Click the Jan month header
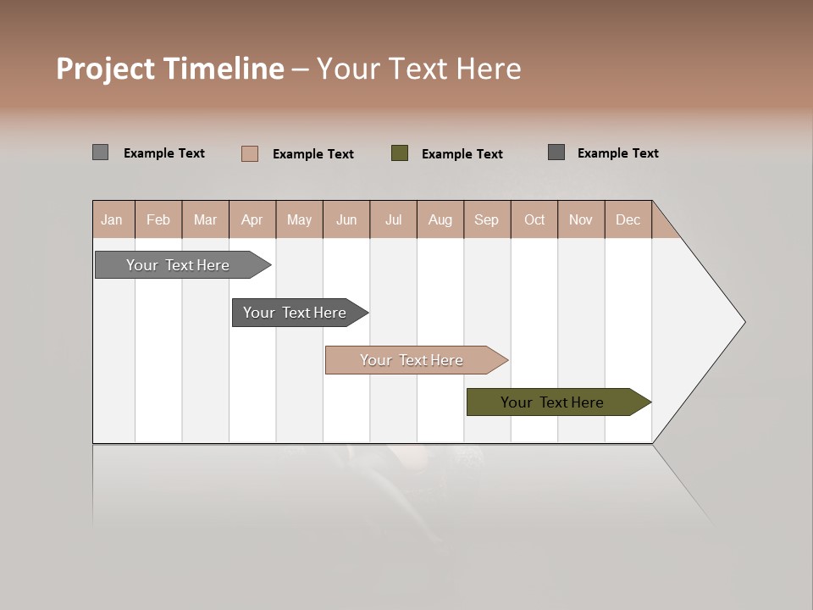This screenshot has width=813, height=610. point(113,219)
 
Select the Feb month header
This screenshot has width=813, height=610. point(158,219)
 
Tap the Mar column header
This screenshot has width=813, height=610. point(205,219)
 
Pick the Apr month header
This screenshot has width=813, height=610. point(252,219)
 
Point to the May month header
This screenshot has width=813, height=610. point(299,219)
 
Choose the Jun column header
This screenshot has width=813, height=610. point(346,219)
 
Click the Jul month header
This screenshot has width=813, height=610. point(393,219)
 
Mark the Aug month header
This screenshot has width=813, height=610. point(440,219)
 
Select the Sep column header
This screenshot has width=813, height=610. point(487,219)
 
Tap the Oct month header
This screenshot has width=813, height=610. point(534,219)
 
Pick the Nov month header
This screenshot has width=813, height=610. point(581,219)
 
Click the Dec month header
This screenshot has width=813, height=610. point(628,219)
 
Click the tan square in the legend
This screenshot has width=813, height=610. point(250,153)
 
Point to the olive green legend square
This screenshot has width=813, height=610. point(400,153)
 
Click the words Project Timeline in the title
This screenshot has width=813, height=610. point(170,69)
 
